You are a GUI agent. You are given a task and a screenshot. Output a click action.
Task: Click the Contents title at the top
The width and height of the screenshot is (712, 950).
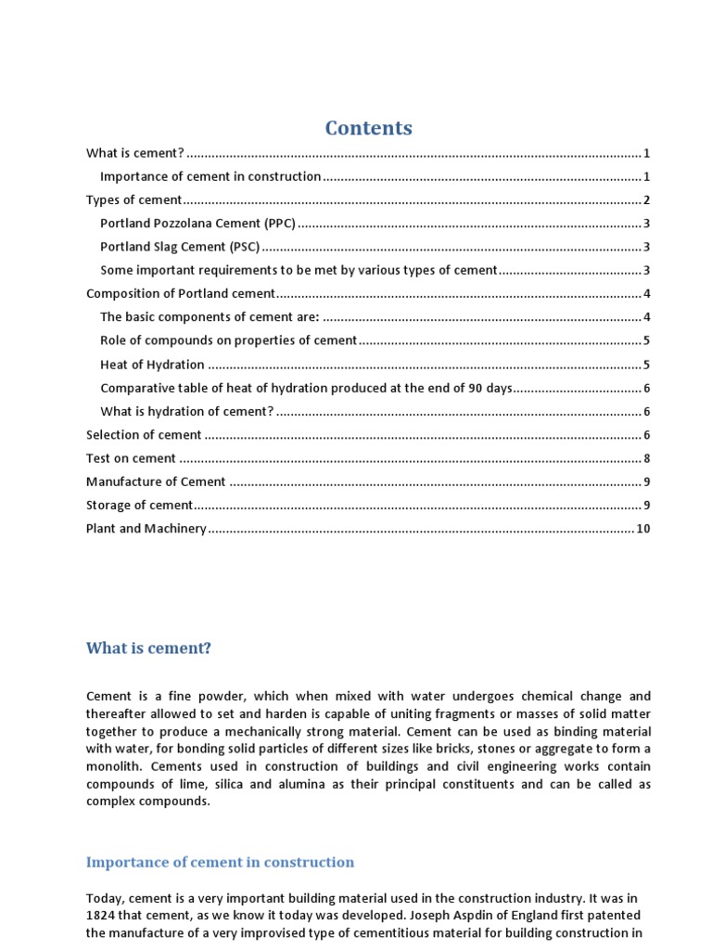[x=368, y=128]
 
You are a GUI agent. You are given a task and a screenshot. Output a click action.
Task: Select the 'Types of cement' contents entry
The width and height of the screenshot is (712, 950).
[x=134, y=200]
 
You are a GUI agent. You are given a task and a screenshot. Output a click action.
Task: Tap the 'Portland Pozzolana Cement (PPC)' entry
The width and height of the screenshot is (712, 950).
[x=197, y=224]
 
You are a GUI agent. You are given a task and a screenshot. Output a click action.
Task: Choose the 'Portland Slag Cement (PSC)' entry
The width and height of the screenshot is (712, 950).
[x=180, y=247]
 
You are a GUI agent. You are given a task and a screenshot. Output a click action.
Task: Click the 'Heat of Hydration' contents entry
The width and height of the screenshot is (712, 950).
[x=152, y=365]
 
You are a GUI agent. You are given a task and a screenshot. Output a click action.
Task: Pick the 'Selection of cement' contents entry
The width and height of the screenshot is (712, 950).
[x=144, y=434]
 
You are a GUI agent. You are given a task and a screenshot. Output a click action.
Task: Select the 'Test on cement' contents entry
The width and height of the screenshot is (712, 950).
[x=131, y=458]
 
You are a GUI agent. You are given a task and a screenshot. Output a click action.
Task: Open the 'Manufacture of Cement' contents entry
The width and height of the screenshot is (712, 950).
[x=156, y=481]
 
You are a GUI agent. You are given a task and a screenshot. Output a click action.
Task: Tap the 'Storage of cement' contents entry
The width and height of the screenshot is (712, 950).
[x=139, y=505]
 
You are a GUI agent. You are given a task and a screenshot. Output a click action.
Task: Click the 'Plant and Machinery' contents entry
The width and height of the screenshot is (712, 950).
[x=146, y=529]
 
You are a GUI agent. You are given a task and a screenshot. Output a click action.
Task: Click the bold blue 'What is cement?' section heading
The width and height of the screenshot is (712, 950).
[x=148, y=648]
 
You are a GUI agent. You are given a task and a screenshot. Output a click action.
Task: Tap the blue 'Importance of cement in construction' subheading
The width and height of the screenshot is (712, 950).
[x=220, y=862]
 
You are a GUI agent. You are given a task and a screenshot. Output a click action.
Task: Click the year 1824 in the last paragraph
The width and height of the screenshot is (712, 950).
[x=102, y=916]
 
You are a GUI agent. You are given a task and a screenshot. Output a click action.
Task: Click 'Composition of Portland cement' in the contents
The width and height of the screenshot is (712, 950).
[x=181, y=294]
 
